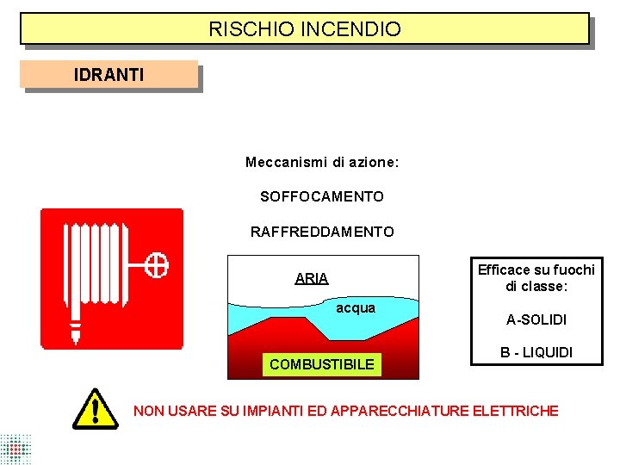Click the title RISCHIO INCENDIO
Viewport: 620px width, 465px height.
(305, 29)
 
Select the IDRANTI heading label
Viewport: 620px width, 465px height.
(109, 75)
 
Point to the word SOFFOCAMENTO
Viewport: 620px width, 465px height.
(322, 197)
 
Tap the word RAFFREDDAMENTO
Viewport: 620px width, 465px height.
(322, 232)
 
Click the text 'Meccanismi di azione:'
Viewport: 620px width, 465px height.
(322, 162)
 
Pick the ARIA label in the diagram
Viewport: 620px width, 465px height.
(312, 278)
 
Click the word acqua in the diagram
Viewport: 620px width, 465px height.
(356, 308)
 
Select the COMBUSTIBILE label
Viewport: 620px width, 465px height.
(322, 364)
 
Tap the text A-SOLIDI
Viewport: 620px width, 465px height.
(536, 319)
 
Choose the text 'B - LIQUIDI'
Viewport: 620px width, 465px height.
(536, 352)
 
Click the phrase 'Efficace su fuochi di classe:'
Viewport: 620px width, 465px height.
(536, 277)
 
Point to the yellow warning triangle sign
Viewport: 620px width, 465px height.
(95, 408)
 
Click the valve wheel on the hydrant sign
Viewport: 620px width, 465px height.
(157, 265)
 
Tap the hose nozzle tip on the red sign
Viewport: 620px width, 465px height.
(75, 331)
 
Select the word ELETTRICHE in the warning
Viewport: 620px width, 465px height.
(516, 411)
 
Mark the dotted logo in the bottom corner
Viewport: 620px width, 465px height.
(15, 449)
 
